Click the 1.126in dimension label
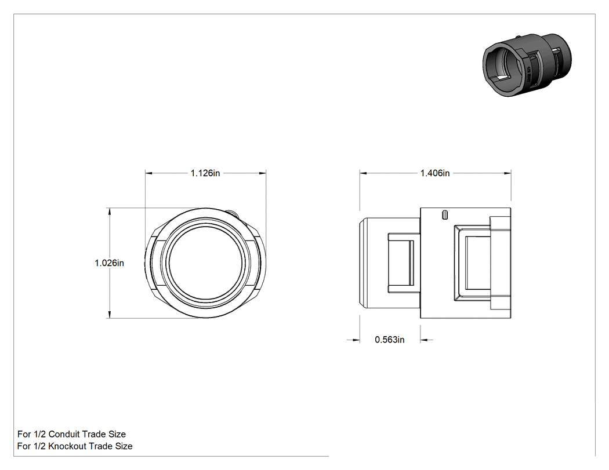coord(205,173)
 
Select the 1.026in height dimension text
coord(109,263)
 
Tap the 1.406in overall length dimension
coord(435,173)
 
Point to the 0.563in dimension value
coord(390,340)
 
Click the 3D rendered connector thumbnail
coord(527,65)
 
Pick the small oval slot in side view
coord(445,215)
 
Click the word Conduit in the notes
coord(64,434)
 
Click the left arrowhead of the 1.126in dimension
coord(149,173)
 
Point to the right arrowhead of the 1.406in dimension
coord(507,173)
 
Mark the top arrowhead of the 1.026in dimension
coord(110,212)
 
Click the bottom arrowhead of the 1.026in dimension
coord(110,315)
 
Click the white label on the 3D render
coord(528,74)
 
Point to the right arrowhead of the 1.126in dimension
coord(262,173)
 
